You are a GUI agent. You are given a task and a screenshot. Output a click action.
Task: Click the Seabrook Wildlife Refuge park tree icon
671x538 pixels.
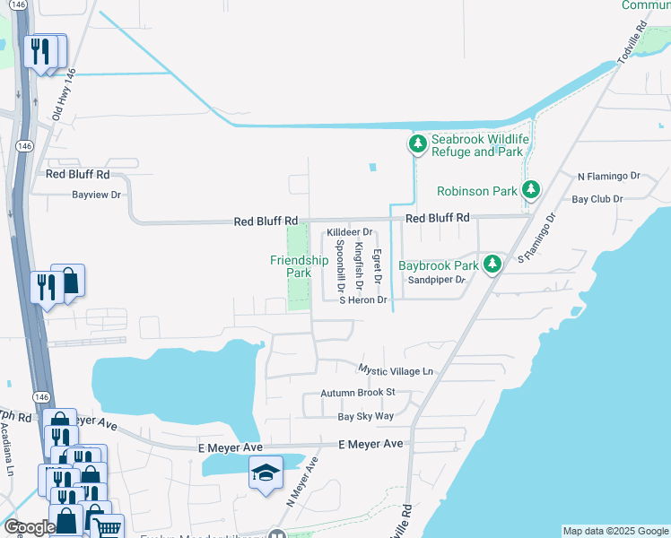pyautogui.click(x=417, y=143)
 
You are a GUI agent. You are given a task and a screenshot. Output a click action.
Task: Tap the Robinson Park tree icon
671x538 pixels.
pyautogui.click(x=531, y=190)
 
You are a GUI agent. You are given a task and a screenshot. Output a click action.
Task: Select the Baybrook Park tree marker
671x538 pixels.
pyautogui.click(x=492, y=265)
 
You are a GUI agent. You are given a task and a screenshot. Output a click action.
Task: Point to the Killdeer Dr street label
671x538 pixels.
pyautogui.click(x=349, y=231)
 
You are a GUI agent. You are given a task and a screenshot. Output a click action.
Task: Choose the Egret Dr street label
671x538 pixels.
pyautogui.click(x=378, y=267)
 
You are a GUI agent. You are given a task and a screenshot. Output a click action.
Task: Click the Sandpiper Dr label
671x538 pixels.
pyautogui.click(x=438, y=280)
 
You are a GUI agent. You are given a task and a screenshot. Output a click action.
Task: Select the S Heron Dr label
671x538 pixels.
pyautogui.click(x=362, y=300)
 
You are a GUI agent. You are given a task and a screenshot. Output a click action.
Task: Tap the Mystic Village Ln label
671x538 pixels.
pyautogui.click(x=396, y=369)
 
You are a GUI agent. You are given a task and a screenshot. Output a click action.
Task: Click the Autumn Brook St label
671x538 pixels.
pyautogui.click(x=358, y=393)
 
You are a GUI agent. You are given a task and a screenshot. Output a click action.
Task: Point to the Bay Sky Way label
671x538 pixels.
pyautogui.click(x=365, y=417)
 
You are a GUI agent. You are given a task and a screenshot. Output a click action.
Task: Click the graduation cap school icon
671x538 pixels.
pyautogui.click(x=266, y=473)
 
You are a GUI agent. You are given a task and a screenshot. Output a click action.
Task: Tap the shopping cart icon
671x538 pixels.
pyautogui.click(x=107, y=527)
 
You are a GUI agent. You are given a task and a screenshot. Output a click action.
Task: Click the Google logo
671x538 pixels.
pyautogui.click(x=29, y=527)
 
